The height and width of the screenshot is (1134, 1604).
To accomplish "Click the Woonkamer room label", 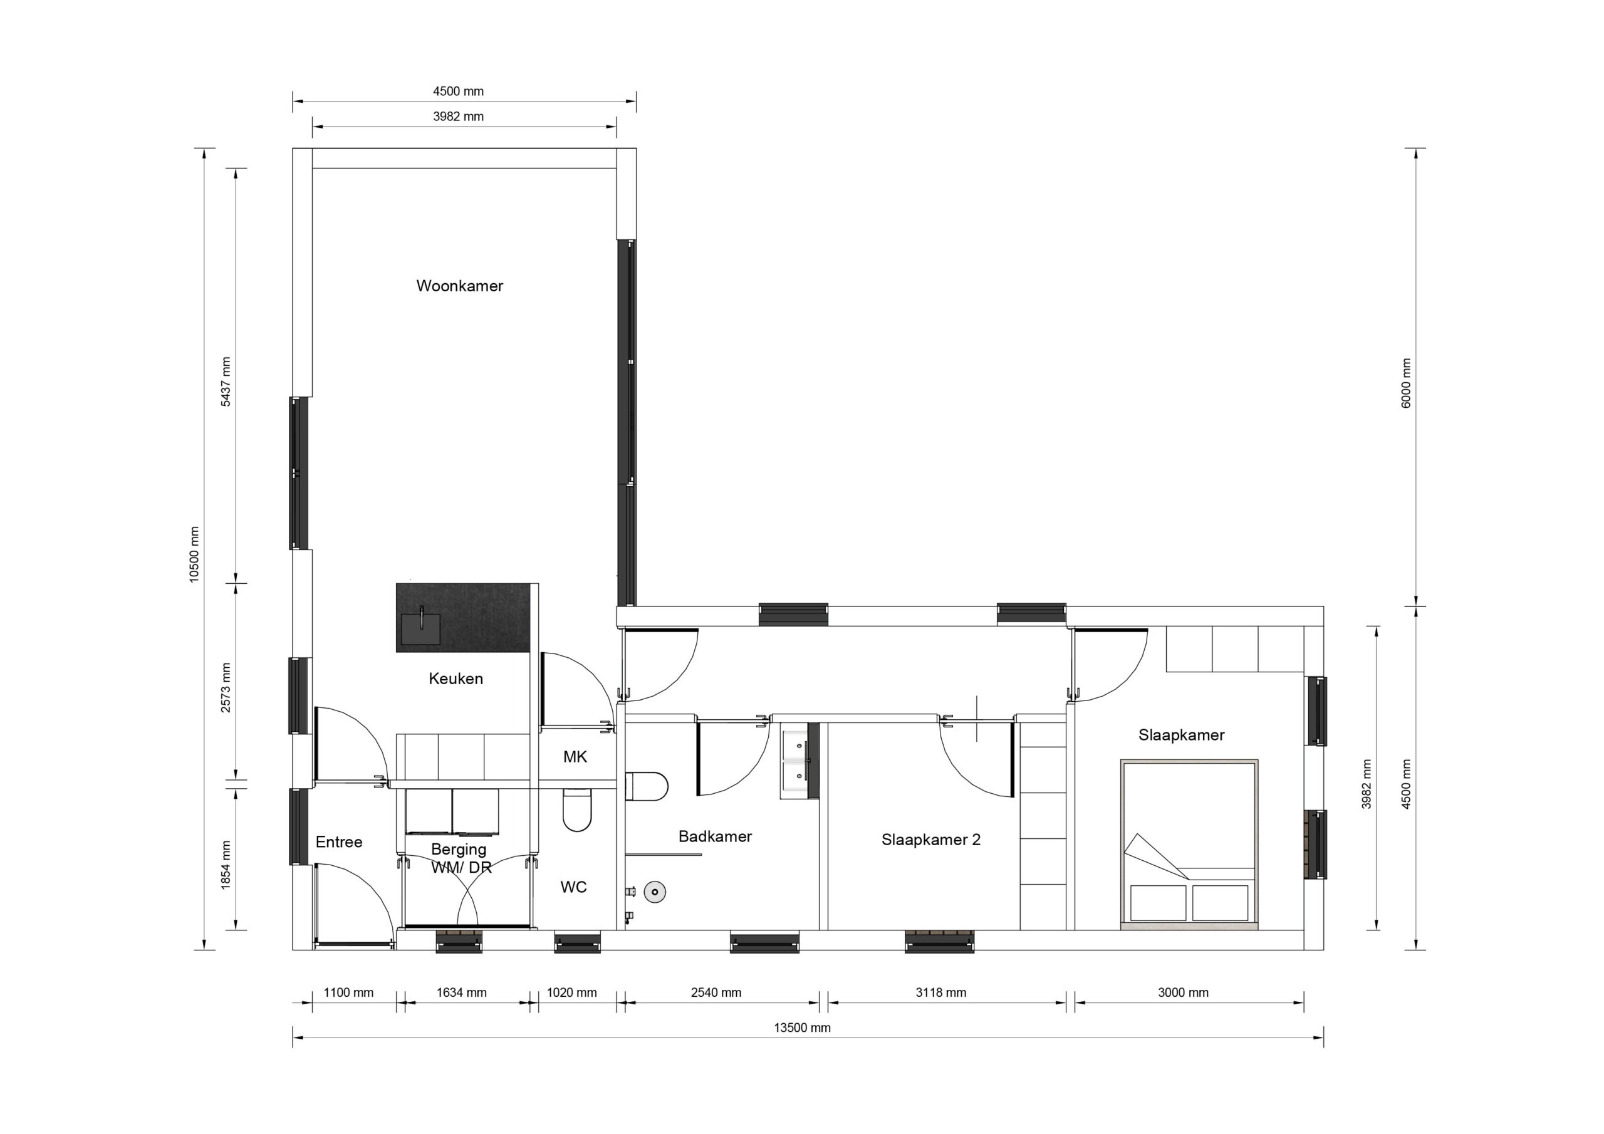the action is pyautogui.click(x=460, y=286).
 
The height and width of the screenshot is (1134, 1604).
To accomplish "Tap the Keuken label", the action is pyautogui.click(x=456, y=679).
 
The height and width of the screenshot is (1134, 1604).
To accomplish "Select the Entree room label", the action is pyautogui.click(x=339, y=842).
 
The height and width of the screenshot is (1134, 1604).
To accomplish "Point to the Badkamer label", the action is pyautogui.click(x=715, y=836).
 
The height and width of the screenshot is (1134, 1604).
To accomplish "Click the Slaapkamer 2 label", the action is pyautogui.click(x=930, y=840).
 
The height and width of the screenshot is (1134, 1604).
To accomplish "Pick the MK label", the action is pyautogui.click(x=575, y=757).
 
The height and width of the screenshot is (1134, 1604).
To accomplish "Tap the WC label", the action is pyautogui.click(x=573, y=887).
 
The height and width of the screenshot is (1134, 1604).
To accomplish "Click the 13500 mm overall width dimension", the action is pyautogui.click(x=802, y=1027).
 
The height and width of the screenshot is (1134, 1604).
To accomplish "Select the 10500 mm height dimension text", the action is pyautogui.click(x=194, y=554).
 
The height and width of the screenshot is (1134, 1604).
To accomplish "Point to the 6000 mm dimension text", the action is pyautogui.click(x=1406, y=383).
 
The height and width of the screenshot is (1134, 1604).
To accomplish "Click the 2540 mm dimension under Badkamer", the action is pyautogui.click(x=716, y=992).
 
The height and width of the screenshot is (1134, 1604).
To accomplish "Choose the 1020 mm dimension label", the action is pyautogui.click(x=571, y=992).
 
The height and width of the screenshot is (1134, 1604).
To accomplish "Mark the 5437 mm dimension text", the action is pyautogui.click(x=226, y=382).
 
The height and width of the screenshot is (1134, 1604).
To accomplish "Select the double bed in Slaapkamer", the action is pyautogui.click(x=1189, y=844).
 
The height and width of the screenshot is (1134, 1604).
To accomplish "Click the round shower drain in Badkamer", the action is pyautogui.click(x=655, y=892).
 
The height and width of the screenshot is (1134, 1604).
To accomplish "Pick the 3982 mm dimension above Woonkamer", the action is pyautogui.click(x=458, y=117).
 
